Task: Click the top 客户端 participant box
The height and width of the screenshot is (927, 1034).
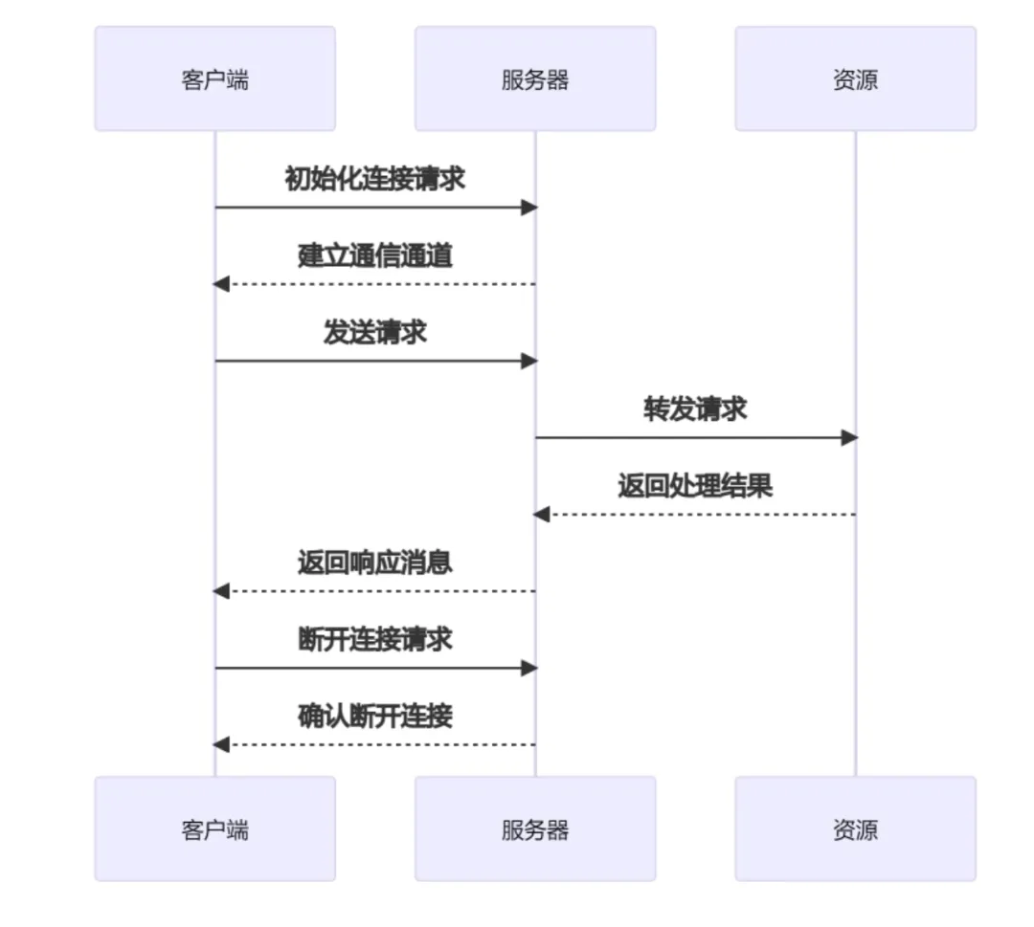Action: (x=214, y=78)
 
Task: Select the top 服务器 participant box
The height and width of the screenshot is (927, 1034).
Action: (x=534, y=78)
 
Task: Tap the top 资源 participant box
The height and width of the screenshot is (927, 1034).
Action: (x=855, y=78)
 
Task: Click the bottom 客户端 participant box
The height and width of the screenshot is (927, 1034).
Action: (x=214, y=828)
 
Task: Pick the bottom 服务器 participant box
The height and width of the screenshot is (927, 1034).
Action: (x=534, y=828)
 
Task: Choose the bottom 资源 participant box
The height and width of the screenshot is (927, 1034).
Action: (x=855, y=828)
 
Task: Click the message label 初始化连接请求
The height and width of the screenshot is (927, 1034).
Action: (x=374, y=179)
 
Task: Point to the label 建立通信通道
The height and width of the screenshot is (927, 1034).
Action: (x=374, y=255)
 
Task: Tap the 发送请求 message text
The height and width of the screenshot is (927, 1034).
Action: (x=374, y=332)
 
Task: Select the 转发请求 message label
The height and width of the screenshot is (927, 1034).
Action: (x=695, y=408)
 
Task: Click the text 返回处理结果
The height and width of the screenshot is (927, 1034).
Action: (x=695, y=486)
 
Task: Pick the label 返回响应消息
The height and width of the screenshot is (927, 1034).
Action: (x=374, y=563)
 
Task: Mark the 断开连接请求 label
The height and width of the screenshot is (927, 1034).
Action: (x=374, y=639)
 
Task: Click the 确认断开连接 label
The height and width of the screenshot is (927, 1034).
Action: (x=374, y=716)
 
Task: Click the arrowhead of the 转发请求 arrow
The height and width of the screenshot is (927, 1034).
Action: (x=849, y=437)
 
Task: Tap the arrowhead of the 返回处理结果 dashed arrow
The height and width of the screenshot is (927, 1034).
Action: (x=541, y=515)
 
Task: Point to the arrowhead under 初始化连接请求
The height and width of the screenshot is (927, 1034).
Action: (x=528, y=208)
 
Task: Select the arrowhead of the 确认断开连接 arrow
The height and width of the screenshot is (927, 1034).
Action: (x=221, y=744)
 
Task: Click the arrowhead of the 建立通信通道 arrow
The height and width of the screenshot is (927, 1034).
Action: (x=221, y=284)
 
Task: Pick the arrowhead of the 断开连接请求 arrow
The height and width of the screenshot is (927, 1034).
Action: (x=528, y=668)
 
